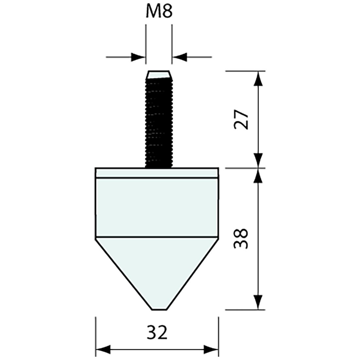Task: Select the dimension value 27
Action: click(242, 120)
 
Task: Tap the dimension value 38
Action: click(242, 239)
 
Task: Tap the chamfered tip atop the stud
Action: click(158, 75)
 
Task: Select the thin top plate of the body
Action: click(157, 172)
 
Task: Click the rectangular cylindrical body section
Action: click(157, 206)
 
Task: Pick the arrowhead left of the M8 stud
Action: click(138, 57)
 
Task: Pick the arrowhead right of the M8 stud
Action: click(180, 57)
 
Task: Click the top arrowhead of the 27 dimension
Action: click(259, 79)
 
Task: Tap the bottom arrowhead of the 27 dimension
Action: click(259, 160)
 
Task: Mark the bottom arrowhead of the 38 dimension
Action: click(259, 301)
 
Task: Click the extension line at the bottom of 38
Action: click(245, 309)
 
